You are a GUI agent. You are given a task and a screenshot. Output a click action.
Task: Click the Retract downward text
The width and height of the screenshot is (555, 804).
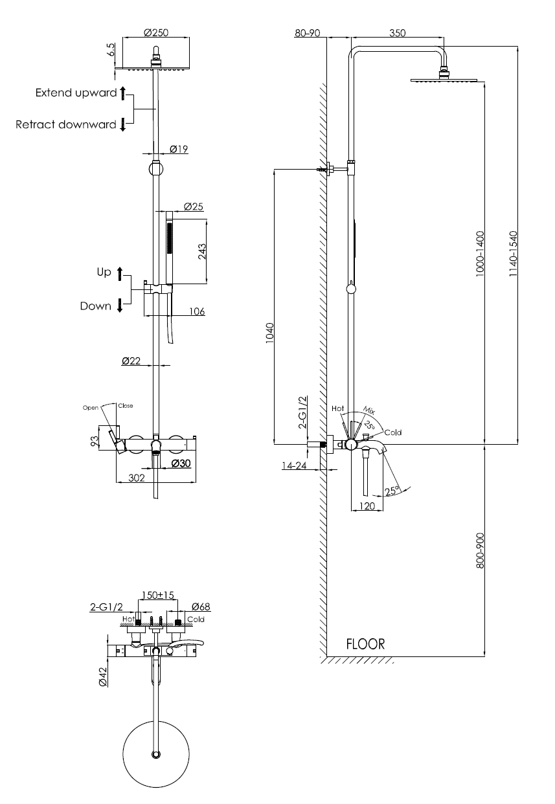click(x=66, y=124)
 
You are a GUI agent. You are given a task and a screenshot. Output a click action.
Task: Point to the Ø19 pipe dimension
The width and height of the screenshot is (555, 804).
click(x=178, y=150)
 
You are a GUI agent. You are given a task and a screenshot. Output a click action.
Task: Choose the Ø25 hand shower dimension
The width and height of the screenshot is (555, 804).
click(x=193, y=207)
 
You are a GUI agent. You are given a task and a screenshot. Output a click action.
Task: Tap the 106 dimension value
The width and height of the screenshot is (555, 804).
click(x=197, y=311)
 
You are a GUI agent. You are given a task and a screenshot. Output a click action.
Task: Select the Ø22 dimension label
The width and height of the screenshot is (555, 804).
click(x=131, y=362)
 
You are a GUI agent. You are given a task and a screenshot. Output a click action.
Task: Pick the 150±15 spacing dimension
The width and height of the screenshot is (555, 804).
click(x=158, y=595)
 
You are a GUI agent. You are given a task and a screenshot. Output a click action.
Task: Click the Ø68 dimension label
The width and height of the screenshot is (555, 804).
click(x=201, y=607)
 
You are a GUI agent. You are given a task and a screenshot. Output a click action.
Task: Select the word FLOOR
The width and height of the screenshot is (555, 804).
click(x=365, y=644)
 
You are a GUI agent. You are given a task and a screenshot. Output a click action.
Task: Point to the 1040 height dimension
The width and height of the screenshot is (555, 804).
click(x=270, y=335)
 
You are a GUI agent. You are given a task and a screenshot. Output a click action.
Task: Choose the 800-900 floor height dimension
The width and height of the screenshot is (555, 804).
click(x=480, y=552)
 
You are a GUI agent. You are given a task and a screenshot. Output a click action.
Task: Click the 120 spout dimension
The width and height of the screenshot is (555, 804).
click(x=367, y=507)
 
